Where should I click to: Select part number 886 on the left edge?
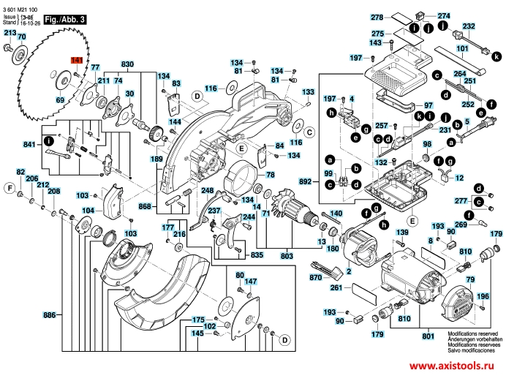click(x=50, y=315)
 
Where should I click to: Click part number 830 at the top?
click(x=128, y=65)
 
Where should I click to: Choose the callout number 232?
click(x=469, y=26)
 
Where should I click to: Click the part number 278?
click(x=377, y=17)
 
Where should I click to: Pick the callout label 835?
click(x=257, y=254)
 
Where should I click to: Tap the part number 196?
click(x=483, y=296)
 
